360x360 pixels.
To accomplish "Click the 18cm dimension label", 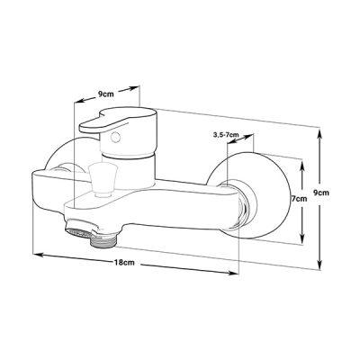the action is click(124, 263).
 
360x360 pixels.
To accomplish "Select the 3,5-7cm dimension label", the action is click(226, 135).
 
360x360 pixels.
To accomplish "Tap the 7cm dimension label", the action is click(299, 198).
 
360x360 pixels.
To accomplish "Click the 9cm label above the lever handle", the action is click(106, 94).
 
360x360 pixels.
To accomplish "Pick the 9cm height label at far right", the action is click(321, 193).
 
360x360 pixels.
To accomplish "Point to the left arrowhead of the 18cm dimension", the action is click(38, 255).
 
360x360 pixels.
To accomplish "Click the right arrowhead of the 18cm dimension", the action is click(234, 273).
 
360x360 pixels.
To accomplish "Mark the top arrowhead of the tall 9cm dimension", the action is click(320, 133).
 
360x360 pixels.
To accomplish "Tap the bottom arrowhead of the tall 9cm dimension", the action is click(320, 264).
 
